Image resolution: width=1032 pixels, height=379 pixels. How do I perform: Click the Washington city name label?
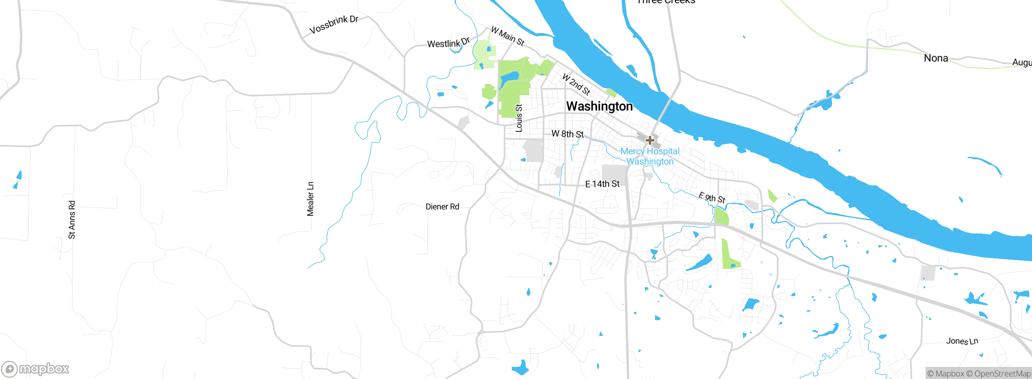pyautogui.click(x=599, y=106)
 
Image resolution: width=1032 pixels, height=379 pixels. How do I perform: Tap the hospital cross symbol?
pyautogui.click(x=650, y=140)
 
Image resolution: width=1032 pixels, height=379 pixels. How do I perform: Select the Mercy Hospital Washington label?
pyautogui.click(x=650, y=156)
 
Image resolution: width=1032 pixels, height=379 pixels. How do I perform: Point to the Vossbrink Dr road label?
pyautogui.click(x=334, y=25)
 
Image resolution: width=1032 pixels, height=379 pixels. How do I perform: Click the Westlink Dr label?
pyautogui.click(x=448, y=43)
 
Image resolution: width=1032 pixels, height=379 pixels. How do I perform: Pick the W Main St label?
pyautogui.click(x=508, y=36)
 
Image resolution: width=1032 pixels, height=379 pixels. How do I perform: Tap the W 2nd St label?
pyautogui.click(x=576, y=84)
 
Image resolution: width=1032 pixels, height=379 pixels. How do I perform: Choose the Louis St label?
pyautogui.click(x=519, y=118)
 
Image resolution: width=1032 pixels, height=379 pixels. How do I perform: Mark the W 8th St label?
pyautogui.click(x=568, y=134)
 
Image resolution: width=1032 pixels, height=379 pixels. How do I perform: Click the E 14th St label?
pyautogui.click(x=602, y=184)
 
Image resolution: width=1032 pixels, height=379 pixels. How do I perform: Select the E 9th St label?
pyautogui.click(x=712, y=198)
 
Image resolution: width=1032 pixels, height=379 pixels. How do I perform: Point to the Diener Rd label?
pyautogui.click(x=442, y=206)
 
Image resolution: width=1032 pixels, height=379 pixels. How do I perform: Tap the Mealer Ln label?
pyautogui.click(x=310, y=199)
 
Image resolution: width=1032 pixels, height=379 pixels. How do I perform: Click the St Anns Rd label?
pyautogui.click(x=72, y=220)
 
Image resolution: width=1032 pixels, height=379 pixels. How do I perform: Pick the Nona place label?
pyautogui.click(x=936, y=58)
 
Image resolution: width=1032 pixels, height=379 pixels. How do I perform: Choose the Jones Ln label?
pyautogui.click(x=962, y=341)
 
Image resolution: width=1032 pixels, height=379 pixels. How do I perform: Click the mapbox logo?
pyautogui.click(x=35, y=369)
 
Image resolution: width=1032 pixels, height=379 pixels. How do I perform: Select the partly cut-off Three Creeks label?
pyautogui.click(x=666, y=2)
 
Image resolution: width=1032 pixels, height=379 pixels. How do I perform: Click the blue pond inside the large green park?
pyautogui.click(x=509, y=78)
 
